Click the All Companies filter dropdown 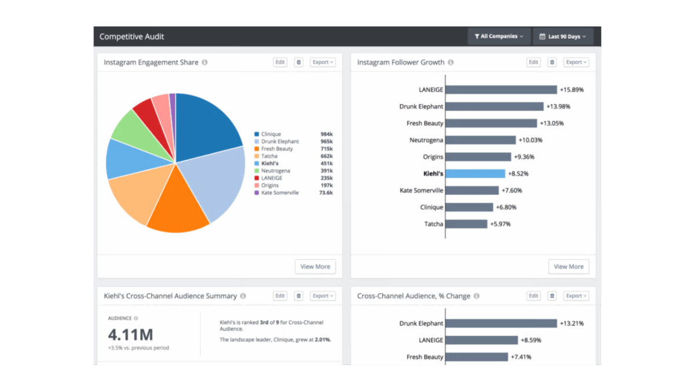(x=499, y=36)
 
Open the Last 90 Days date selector (x=563, y=36)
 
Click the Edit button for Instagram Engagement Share (x=280, y=62)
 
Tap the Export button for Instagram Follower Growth (x=576, y=62)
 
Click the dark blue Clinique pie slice (x=205, y=127)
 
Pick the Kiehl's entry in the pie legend (x=270, y=163)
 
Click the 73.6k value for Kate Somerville (x=325, y=193)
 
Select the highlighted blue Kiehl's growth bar (x=475, y=173)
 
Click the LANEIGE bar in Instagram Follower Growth (x=502, y=90)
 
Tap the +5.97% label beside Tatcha (x=500, y=224)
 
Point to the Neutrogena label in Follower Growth (x=426, y=140)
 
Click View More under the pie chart (x=315, y=266)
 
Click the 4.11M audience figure (x=131, y=335)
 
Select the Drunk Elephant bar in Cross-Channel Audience (x=502, y=323)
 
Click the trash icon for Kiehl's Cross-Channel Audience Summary (x=298, y=296)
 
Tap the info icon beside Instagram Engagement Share (x=205, y=63)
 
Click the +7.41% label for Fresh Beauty (x=521, y=357)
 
